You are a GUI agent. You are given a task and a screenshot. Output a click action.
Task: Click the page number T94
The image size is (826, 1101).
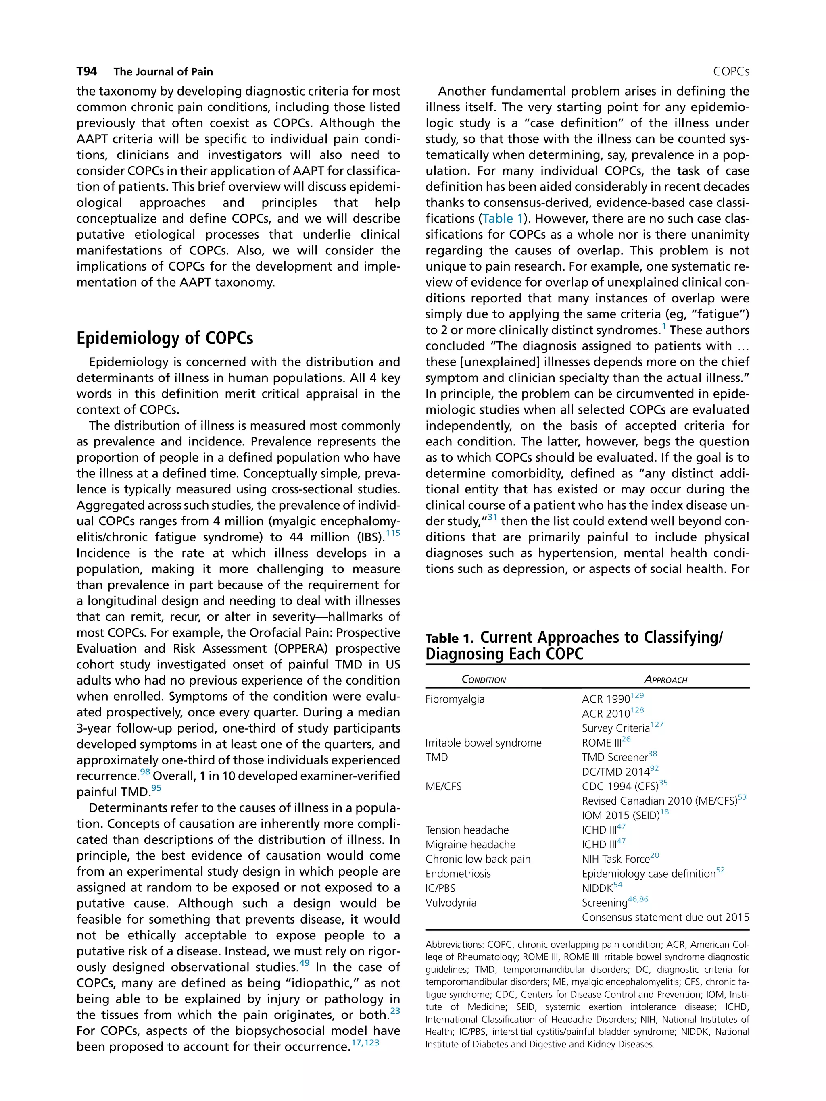(x=87, y=72)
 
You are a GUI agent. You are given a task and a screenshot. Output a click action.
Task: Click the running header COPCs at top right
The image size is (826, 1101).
(x=730, y=72)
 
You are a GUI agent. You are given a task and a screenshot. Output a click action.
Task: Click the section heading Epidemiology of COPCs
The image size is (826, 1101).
(x=165, y=338)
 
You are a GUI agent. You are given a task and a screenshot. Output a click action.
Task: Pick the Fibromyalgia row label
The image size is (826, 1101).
(x=455, y=699)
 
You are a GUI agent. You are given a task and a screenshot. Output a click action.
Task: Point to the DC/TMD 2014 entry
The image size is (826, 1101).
(x=615, y=772)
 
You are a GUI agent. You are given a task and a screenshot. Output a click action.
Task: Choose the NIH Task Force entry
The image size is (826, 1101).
(x=615, y=859)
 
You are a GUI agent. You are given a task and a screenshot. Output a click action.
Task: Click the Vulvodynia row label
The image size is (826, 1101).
(x=451, y=903)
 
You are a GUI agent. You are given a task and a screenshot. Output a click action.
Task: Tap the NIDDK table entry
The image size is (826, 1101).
(x=597, y=889)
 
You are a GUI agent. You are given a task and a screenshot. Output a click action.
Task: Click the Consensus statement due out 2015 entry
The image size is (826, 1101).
(x=665, y=917)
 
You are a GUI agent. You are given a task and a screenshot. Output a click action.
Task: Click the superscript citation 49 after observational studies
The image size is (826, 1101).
(x=304, y=963)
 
